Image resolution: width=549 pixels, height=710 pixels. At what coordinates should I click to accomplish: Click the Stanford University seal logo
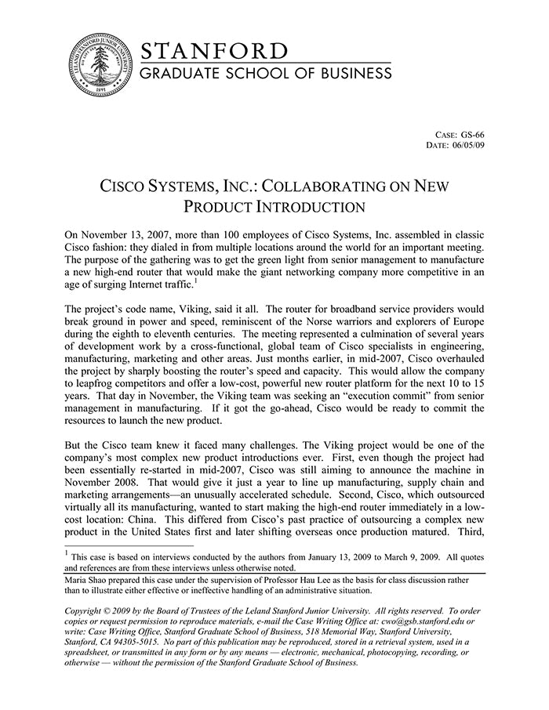(x=100, y=65)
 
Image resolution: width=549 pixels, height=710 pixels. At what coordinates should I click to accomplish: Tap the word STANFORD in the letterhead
(x=214, y=52)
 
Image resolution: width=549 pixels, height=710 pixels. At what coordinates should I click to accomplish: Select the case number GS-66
(x=473, y=134)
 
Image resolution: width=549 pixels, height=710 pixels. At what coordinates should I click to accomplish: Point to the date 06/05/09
(x=467, y=145)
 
